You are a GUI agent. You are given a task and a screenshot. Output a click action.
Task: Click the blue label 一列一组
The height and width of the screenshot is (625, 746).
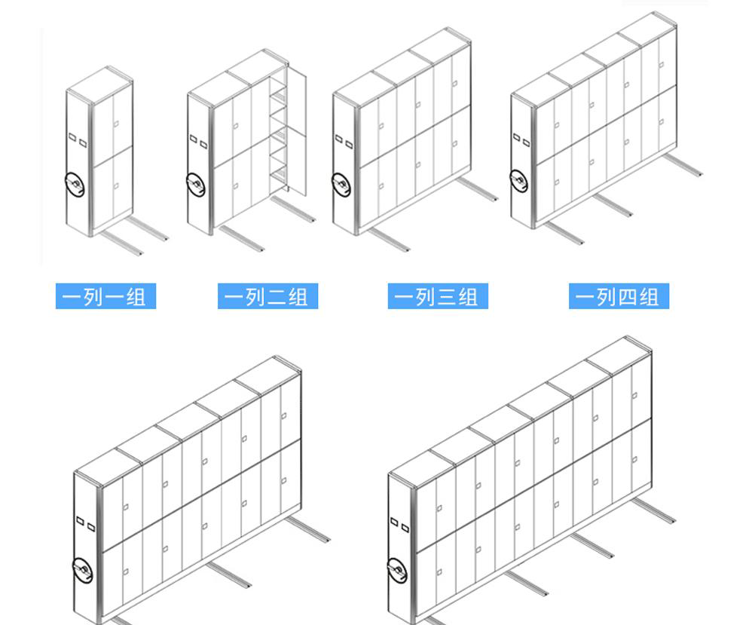coord(105,296)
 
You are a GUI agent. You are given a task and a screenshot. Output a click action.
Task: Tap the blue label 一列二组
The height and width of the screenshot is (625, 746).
coord(268,296)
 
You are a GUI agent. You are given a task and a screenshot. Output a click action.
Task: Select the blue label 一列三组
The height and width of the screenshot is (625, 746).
coord(438,296)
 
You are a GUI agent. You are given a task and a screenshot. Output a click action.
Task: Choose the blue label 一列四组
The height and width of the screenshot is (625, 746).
coord(619,296)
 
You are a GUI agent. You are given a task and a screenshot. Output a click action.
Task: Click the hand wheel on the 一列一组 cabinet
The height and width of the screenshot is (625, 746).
coord(75,184)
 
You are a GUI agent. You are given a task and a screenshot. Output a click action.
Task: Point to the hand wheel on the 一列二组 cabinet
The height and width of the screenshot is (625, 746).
coord(196,184)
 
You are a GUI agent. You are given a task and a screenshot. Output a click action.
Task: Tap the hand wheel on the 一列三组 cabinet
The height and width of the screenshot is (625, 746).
coord(341,185)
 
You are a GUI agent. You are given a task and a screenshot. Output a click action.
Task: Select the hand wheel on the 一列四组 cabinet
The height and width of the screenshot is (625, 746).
coord(519,180)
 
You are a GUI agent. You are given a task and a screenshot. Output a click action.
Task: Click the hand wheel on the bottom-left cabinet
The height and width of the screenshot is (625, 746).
coord(83,570)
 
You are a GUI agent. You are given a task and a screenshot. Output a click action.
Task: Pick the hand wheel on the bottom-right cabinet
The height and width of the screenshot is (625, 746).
coord(397,570)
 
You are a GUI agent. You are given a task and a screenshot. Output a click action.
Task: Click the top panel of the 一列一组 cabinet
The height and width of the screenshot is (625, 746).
coord(99,84)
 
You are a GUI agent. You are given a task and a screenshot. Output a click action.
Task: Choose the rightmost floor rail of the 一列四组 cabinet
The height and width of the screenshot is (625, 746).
coord(683,164)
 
